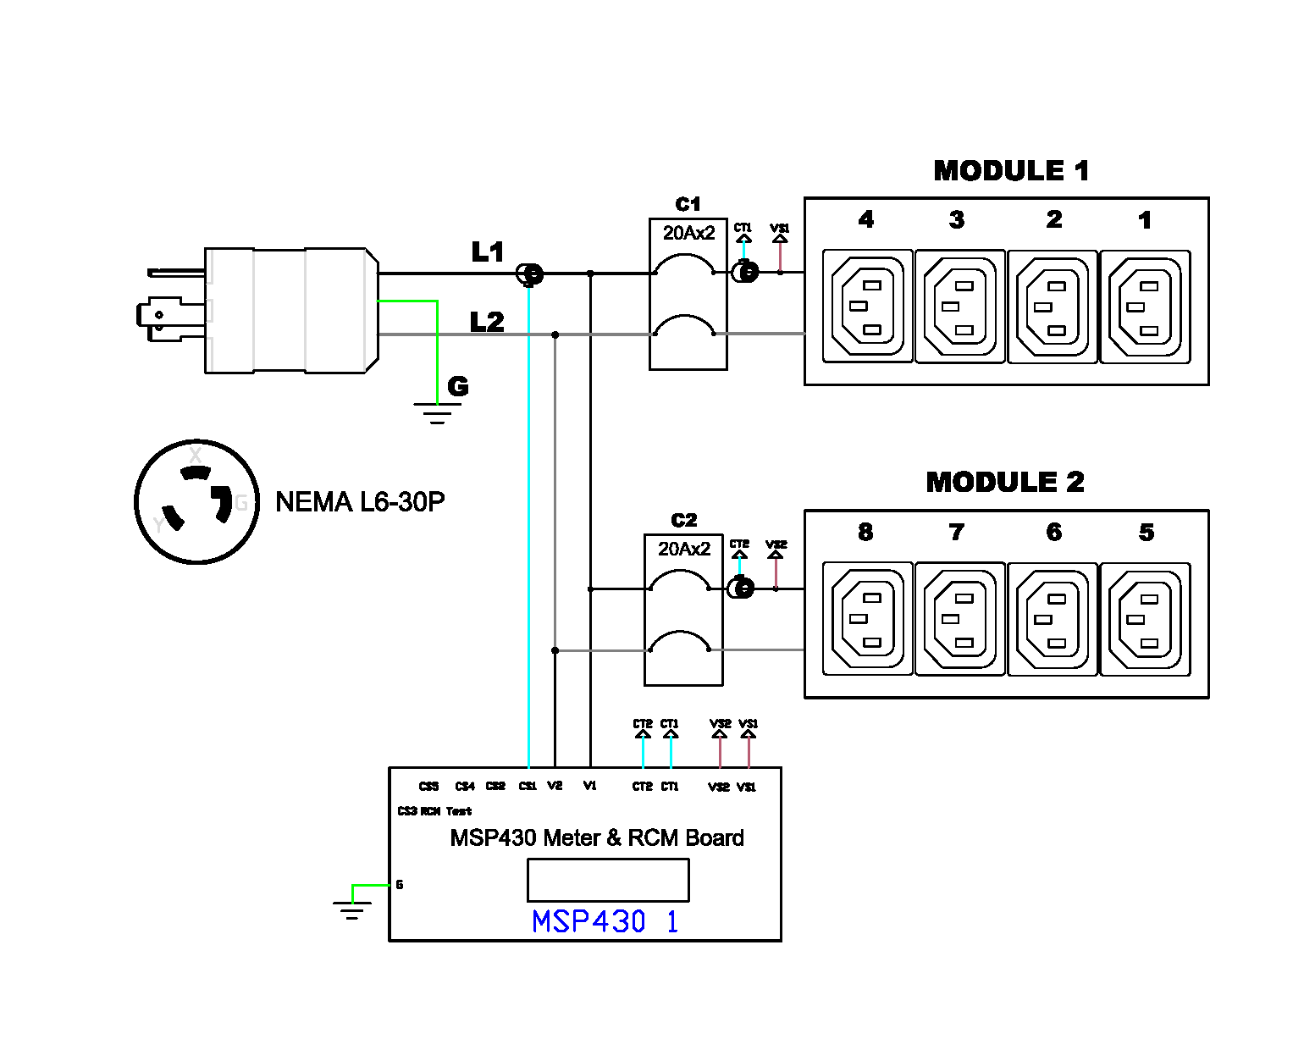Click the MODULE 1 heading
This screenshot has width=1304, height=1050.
pos(1011,171)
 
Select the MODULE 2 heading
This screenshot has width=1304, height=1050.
pos(1005,483)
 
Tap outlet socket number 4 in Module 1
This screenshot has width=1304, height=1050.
pos(868,307)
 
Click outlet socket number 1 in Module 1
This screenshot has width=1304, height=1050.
pos(1145,307)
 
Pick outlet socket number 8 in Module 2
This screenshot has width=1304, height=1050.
pos(868,619)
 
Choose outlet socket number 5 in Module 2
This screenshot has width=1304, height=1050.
pos(1145,619)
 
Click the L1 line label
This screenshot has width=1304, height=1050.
pos(488,252)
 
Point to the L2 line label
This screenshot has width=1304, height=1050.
pos(487,323)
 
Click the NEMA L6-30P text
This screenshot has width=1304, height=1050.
pos(360,502)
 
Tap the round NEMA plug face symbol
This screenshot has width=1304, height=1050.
pos(197,502)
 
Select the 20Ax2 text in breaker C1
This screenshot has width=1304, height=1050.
pos(688,233)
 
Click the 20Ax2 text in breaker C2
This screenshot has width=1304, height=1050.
pos(684,549)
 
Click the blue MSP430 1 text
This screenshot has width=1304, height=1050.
pos(605,921)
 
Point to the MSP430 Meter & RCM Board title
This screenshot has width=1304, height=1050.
pos(597,838)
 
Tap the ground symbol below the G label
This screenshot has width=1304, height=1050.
pos(437,413)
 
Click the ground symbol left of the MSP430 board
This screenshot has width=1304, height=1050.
pos(352,910)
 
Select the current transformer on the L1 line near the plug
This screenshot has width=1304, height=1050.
pos(530,274)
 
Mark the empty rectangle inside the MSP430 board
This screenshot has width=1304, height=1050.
pos(608,880)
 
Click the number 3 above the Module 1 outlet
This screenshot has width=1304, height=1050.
pos(957,220)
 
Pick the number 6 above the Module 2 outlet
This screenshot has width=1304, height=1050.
pos(1053,533)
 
